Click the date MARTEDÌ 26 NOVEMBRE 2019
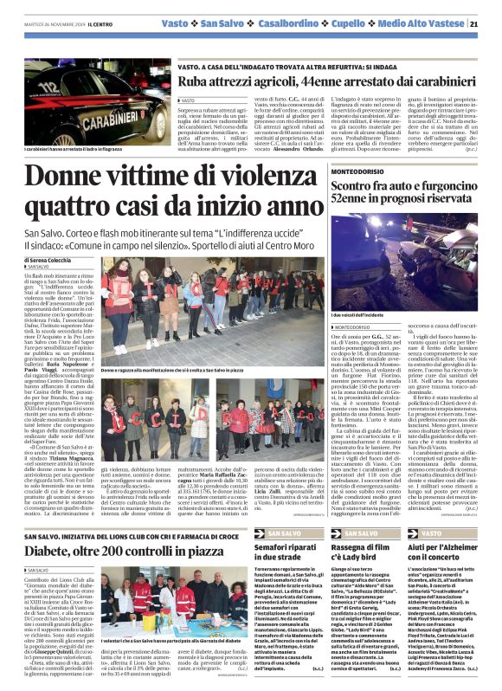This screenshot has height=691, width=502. (x=53, y=24)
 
